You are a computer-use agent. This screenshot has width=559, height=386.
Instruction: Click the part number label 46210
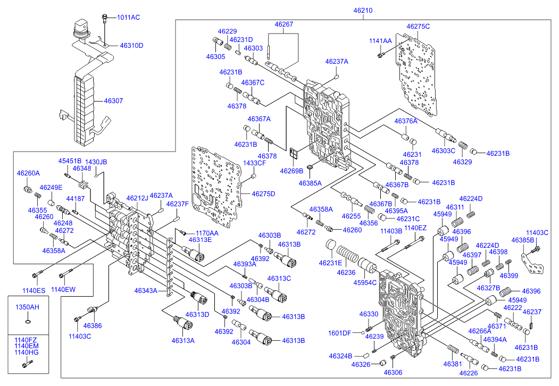[x=363, y=10]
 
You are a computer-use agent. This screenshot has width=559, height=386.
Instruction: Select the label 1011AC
[x=128, y=17]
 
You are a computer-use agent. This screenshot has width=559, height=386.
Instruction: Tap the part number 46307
[x=113, y=101]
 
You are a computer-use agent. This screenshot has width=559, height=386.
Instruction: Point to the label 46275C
[x=418, y=27]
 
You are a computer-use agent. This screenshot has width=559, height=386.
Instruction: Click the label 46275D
[x=263, y=194]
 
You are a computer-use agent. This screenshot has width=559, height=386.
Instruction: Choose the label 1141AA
[x=380, y=41]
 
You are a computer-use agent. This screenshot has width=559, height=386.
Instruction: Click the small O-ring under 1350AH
[x=28, y=322]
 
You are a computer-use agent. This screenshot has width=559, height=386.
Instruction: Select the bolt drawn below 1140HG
[x=27, y=364]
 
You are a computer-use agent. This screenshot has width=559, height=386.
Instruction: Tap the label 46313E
[x=200, y=240]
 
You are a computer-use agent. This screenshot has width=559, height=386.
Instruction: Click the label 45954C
[x=365, y=283]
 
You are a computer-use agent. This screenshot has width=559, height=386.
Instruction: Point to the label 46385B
[x=523, y=240]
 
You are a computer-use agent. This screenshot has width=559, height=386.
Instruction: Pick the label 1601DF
[x=340, y=333]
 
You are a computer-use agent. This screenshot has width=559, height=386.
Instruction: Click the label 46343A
[x=146, y=290]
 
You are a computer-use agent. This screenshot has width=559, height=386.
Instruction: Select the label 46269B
[x=291, y=171]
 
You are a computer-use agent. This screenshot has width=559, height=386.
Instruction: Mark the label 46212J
[x=137, y=198]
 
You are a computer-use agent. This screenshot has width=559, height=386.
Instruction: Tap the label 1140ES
[x=34, y=290]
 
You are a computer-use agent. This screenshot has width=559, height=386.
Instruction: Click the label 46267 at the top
[x=284, y=24]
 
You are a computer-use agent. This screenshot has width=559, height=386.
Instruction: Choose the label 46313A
[x=183, y=341]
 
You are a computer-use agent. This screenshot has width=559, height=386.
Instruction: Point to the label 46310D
[x=131, y=46]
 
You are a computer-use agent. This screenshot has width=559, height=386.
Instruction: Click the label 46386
[x=93, y=326]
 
